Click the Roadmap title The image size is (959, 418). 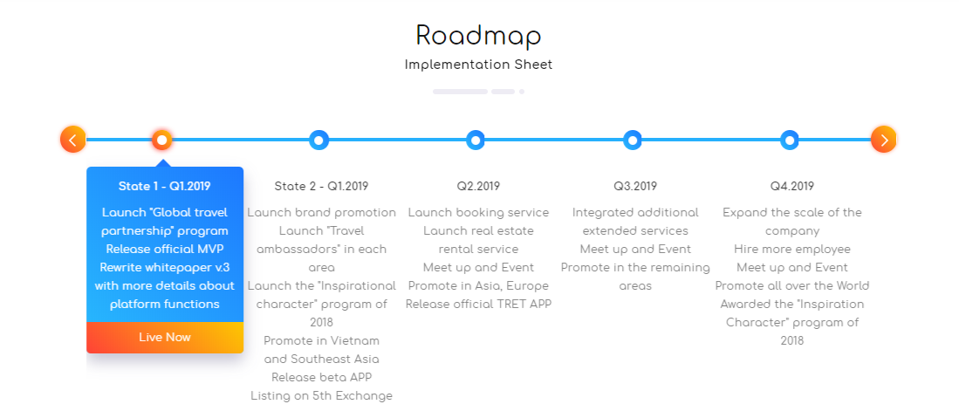478,37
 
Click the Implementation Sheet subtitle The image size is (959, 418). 478,65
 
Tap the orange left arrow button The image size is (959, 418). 72,140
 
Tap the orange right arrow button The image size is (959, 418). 884,140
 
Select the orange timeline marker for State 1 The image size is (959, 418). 162,140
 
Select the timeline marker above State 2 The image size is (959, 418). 319,140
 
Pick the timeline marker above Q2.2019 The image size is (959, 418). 476,140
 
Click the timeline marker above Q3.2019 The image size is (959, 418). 633,140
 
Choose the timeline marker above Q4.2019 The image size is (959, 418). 790,140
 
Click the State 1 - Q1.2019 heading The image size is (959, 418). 165,186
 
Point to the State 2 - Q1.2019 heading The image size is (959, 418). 322,186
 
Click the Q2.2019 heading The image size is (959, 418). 478,186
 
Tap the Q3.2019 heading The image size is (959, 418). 635,186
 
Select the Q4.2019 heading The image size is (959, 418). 792,186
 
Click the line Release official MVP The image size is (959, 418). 165,249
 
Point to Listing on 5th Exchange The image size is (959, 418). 322,396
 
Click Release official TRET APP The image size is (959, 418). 478,305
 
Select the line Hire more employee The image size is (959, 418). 792,249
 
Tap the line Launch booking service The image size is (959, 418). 478,212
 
